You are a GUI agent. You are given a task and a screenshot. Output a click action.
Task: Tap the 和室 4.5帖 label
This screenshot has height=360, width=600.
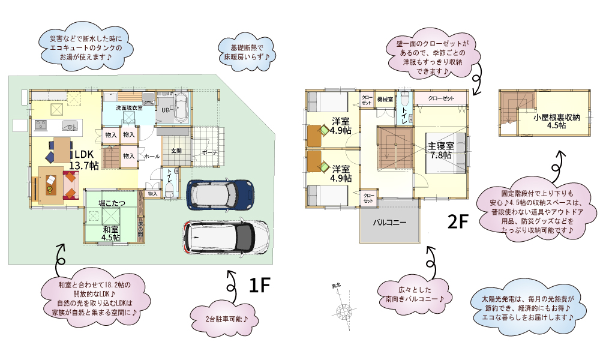(x=110, y=233)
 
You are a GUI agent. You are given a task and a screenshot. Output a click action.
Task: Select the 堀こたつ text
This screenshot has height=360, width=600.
(x=111, y=203)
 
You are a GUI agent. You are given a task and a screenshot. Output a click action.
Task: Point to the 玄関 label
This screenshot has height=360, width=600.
(x=176, y=151)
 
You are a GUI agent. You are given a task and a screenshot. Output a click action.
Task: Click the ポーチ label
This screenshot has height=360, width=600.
(x=209, y=152)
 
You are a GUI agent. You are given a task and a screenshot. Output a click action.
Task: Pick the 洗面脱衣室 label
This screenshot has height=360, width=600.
(x=129, y=108)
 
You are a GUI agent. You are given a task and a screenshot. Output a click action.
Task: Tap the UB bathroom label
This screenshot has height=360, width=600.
(x=164, y=110)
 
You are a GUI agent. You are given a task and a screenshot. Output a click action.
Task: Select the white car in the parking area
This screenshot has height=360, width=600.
(x=226, y=236)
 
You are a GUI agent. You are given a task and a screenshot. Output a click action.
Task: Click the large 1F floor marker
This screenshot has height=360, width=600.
(x=260, y=286)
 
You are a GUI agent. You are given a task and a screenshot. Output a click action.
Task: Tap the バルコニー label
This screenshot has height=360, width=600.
(x=389, y=222)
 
